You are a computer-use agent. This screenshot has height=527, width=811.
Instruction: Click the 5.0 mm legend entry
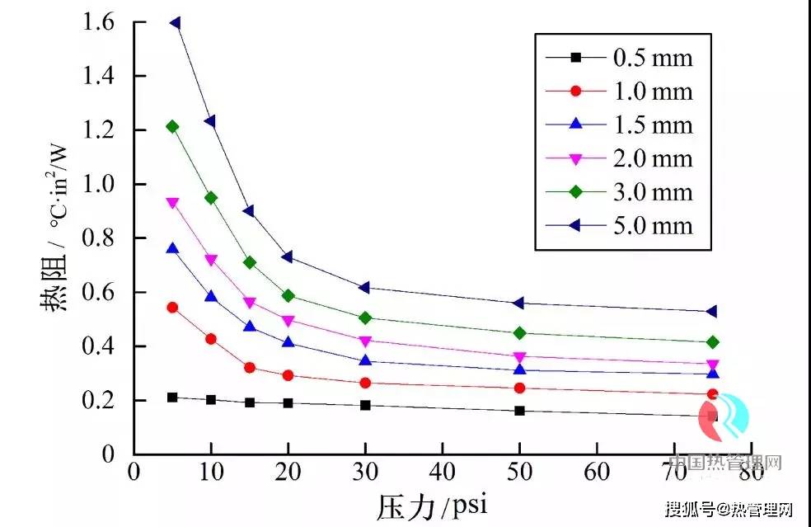(x=652, y=225)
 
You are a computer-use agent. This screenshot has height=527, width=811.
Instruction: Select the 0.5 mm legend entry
(x=652, y=58)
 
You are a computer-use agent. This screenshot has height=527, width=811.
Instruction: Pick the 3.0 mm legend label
(x=652, y=192)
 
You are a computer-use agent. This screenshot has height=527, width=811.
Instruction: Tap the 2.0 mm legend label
(x=652, y=158)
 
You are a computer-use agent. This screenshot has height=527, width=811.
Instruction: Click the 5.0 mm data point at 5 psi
(x=175, y=23)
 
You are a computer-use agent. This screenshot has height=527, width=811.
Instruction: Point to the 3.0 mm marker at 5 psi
(x=172, y=126)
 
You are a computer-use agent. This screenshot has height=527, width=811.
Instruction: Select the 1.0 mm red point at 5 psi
(x=172, y=308)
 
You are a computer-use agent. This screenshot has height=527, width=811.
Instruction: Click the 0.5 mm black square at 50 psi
(x=519, y=410)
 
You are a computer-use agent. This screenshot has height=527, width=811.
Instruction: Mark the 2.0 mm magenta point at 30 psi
(x=365, y=341)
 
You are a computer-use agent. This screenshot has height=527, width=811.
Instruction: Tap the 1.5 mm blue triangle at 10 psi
(x=211, y=296)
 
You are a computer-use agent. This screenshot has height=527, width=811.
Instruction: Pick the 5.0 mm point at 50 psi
(x=519, y=303)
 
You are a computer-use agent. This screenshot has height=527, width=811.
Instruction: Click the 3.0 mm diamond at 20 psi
(x=288, y=295)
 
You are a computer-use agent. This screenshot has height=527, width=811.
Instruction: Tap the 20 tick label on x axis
(x=288, y=473)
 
